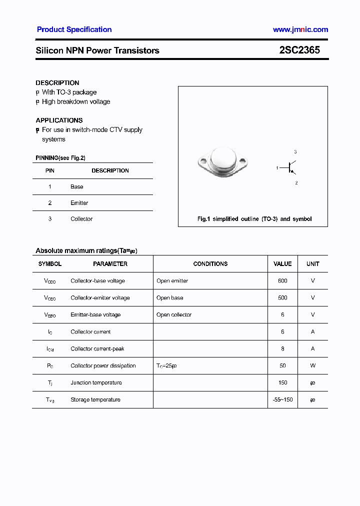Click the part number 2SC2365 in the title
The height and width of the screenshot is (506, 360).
(x=299, y=50)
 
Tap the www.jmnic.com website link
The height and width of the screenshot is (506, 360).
(x=300, y=29)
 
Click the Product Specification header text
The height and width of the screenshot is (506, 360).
(x=74, y=29)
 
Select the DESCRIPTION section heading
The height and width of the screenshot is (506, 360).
(x=57, y=83)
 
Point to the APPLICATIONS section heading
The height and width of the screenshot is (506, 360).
(x=59, y=120)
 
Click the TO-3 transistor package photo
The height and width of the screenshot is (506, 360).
(x=222, y=161)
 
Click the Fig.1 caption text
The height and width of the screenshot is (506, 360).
(x=254, y=219)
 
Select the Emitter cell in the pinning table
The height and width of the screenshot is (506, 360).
(x=79, y=203)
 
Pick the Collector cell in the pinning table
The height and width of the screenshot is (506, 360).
(x=81, y=219)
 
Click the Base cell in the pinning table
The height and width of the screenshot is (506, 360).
(x=77, y=187)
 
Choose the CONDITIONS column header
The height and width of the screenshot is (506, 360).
(x=210, y=264)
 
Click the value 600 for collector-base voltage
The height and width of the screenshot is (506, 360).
(x=282, y=281)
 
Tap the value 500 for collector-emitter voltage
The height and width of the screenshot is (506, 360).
(x=282, y=298)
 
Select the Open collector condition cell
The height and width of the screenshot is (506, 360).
(x=174, y=315)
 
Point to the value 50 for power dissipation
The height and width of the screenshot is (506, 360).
(x=282, y=366)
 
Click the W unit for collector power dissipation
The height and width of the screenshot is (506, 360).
(x=313, y=366)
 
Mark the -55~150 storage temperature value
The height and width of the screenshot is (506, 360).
(x=282, y=400)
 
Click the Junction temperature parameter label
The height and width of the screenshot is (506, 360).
(x=96, y=383)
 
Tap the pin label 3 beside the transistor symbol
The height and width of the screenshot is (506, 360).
(x=295, y=152)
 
